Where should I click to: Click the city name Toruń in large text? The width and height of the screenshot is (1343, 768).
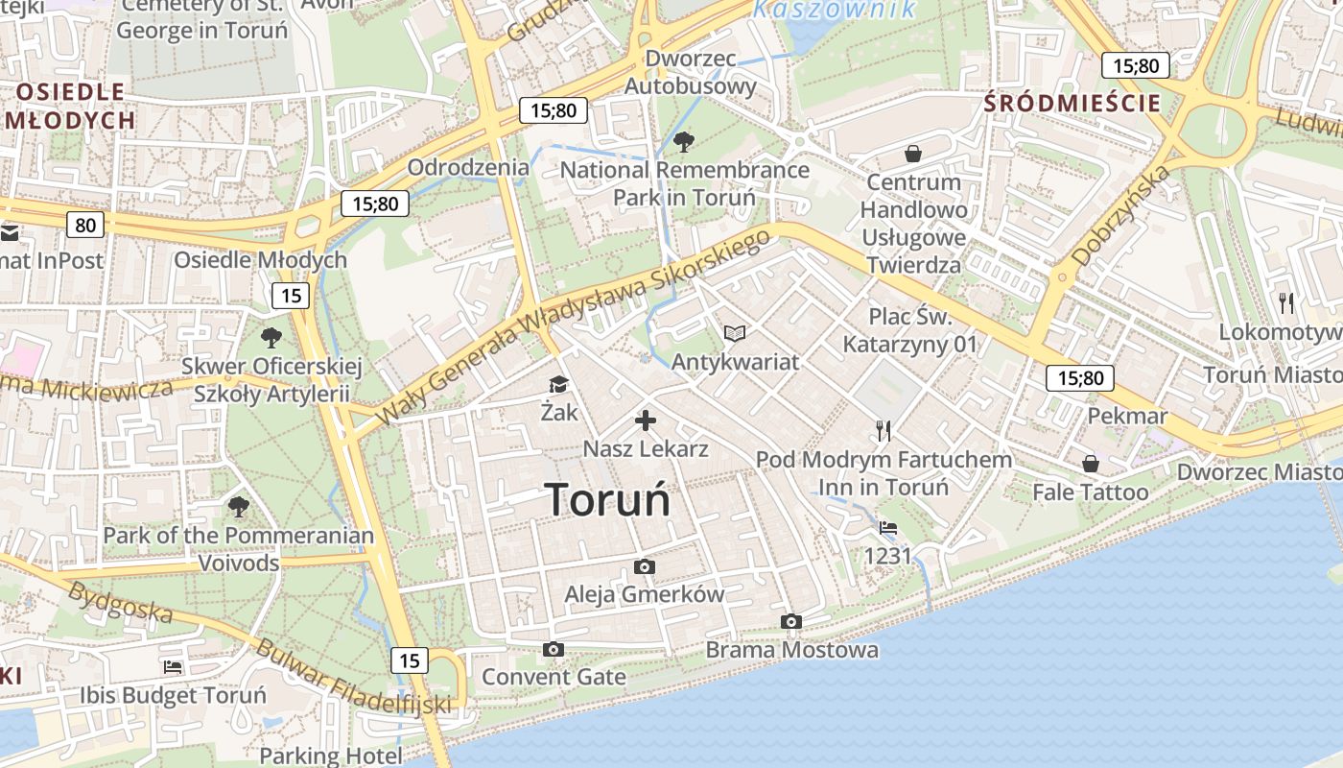pos(607,499)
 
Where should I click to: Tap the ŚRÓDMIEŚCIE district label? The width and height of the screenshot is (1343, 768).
pos(1072,104)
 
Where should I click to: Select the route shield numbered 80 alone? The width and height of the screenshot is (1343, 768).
pos(85,225)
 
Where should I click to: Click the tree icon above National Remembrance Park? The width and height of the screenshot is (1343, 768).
pos(684,143)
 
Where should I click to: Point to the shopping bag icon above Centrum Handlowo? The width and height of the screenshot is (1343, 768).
pos(913,154)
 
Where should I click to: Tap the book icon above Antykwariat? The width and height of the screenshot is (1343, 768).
pos(735,333)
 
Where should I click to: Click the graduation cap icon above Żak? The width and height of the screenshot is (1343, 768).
pos(558,385)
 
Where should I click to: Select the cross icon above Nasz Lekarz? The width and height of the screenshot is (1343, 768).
pos(646,420)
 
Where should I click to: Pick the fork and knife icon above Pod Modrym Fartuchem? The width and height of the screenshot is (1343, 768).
pos(884,431)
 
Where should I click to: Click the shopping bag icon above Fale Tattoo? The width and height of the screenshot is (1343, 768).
pos(1091,465)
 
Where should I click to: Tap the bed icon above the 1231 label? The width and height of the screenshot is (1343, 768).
pos(888,528)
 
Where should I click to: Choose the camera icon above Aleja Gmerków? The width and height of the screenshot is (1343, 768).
pos(645,566)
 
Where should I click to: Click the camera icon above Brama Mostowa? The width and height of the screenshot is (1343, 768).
pos(791,621)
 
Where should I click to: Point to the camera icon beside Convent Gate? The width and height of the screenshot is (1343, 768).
pos(553,650)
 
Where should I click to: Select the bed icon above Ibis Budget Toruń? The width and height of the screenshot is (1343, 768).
pos(173,666)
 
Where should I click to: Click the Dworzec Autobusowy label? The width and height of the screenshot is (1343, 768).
pos(691,72)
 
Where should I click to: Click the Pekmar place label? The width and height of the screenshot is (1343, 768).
pos(1127,416)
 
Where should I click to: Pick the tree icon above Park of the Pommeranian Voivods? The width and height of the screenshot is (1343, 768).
pos(238,506)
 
